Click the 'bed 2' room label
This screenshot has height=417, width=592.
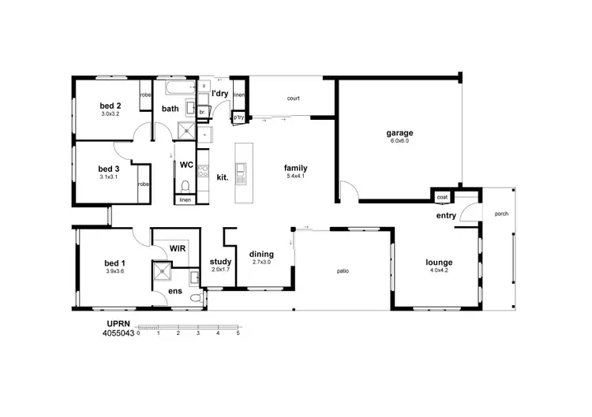(110, 106)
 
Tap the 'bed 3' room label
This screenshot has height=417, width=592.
(109, 169)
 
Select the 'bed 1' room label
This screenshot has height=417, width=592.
(114, 262)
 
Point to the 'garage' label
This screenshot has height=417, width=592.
(400, 133)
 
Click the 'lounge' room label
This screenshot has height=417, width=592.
(438, 262)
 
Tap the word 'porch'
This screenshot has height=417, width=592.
(500, 214)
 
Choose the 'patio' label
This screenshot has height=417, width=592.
(343, 271)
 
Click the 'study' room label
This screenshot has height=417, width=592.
(219, 262)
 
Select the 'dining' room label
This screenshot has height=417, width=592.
(261, 254)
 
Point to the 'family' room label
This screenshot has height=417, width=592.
(295, 168)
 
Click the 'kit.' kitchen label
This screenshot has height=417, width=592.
(223, 177)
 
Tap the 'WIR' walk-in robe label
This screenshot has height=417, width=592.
(178, 248)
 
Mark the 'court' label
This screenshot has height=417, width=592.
(293, 99)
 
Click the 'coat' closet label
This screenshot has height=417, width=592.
(442, 197)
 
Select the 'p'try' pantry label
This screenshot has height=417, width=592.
(238, 117)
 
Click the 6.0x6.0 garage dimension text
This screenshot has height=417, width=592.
(400, 142)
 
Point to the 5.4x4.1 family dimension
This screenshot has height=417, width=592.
(295, 177)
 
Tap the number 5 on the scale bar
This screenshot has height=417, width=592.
(238, 333)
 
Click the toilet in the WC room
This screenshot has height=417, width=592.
(185, 186)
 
